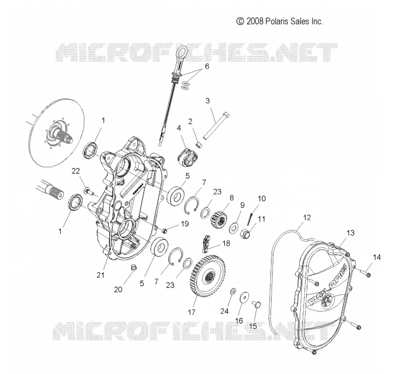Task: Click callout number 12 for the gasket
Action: [307, 218]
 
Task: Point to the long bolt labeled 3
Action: [217, 126]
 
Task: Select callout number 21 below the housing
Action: [100, 275]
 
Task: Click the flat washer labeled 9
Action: [234, 228]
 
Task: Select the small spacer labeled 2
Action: [199, 145]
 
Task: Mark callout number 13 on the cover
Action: [350, 233]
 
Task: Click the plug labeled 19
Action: [165, 230]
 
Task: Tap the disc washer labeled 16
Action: [244, 297]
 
